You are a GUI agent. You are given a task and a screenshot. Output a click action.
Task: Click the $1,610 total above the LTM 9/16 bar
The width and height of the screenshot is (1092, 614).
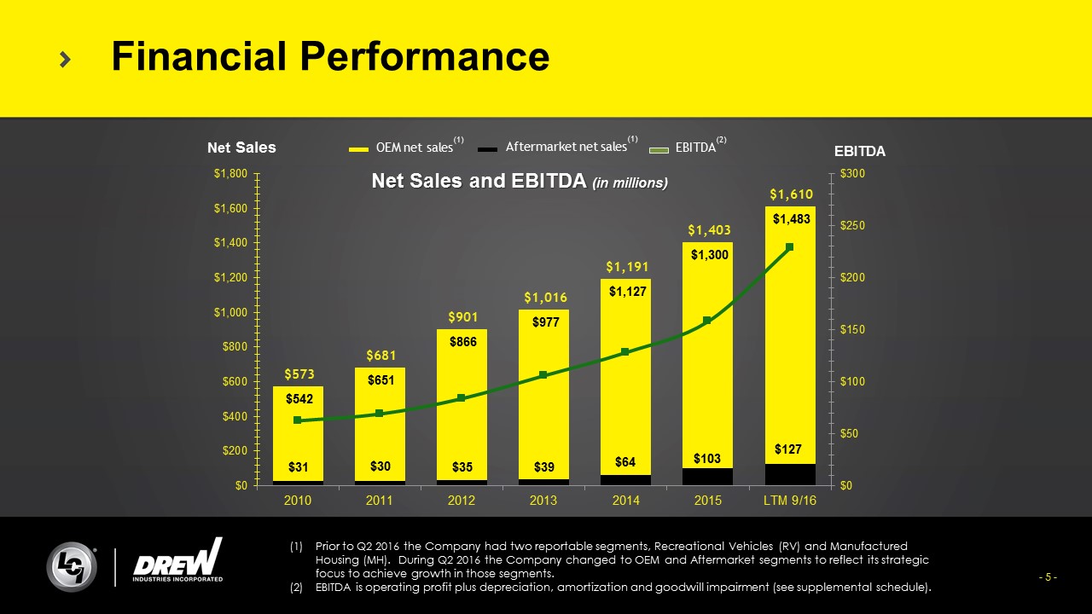tap(789, 194)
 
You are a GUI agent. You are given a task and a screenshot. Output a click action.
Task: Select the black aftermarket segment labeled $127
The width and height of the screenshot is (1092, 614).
tap(789, 474)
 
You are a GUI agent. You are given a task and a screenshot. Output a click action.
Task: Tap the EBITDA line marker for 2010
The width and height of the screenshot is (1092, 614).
tap(297, 420)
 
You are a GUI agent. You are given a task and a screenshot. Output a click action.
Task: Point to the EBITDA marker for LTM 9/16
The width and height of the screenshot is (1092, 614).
tap(789, 247)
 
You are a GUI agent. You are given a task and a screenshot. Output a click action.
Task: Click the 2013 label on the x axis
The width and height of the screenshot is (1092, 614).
tap(543, 501)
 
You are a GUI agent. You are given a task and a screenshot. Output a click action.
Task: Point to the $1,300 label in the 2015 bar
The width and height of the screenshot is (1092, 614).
tap(707, 254)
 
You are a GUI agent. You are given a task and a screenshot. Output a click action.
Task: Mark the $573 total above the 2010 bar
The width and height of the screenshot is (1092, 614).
tap(298, 374)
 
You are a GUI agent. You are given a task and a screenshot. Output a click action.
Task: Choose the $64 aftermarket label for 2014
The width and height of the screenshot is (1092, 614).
tap(625, 462)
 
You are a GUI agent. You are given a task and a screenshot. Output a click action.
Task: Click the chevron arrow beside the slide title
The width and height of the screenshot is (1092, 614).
tap(66, 58)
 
